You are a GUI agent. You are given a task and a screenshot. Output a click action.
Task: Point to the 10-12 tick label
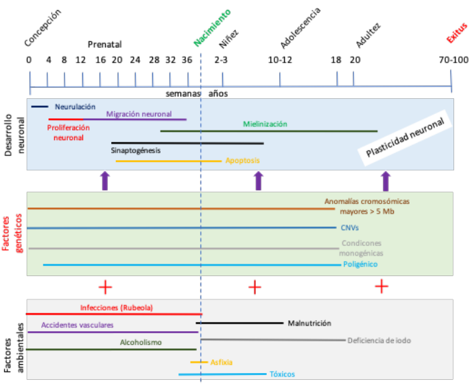(280, 60)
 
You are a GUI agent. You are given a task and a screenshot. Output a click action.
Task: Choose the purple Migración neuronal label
(139, 114)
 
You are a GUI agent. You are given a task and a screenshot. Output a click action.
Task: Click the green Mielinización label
(265, 124)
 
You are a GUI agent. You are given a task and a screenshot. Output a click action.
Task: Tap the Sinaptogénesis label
(136, 149)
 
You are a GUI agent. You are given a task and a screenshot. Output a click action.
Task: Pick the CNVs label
(349, 227)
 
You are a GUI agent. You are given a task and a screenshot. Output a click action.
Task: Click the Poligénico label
(360, 264)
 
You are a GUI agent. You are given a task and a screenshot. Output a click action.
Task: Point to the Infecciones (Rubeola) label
(116, 308)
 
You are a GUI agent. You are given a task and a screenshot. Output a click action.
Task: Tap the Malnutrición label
(309, 323)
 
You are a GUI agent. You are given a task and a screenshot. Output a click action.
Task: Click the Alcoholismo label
(141, 341)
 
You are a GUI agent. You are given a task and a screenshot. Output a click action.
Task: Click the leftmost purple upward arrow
(105, 181)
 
